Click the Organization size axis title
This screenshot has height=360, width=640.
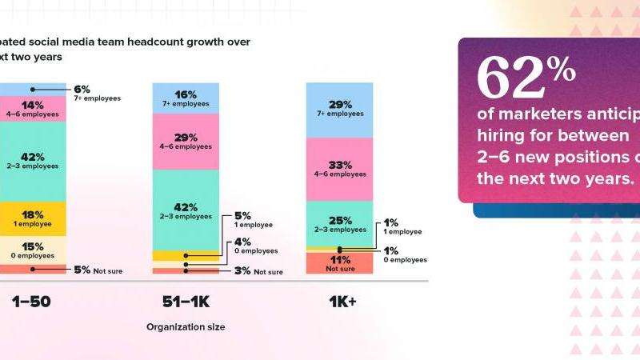click(x=185, y=326)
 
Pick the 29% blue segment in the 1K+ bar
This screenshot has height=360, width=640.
click(x=339, y=109)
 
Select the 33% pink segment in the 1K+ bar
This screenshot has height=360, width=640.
click(x=339, y=169)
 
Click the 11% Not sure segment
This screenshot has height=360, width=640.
click(x=339, y=263)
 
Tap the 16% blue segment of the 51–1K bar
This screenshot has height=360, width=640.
click(x=186, y=98)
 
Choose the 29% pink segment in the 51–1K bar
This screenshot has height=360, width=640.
click(x=186, y=141)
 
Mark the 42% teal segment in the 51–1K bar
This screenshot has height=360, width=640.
click(x=186, y=210)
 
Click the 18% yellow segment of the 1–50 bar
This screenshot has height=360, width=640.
click(x=32, y=219)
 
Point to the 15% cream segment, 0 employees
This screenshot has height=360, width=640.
click(x=32, y=250)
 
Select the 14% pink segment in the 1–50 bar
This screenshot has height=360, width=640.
click(x=32, y=109)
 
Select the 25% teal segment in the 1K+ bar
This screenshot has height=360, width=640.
click(x=339, y=224)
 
